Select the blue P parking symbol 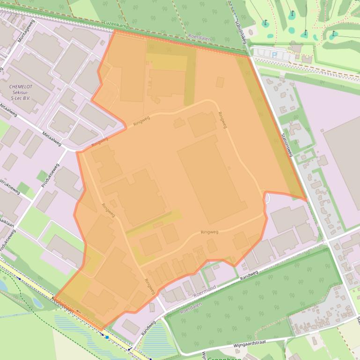274,55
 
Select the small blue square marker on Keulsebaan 107,337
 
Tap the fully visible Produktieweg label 50,175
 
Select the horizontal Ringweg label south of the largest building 209,232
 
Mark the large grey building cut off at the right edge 344,159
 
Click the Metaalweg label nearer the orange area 51,139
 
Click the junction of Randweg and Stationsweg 328,241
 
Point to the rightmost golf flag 334,34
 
